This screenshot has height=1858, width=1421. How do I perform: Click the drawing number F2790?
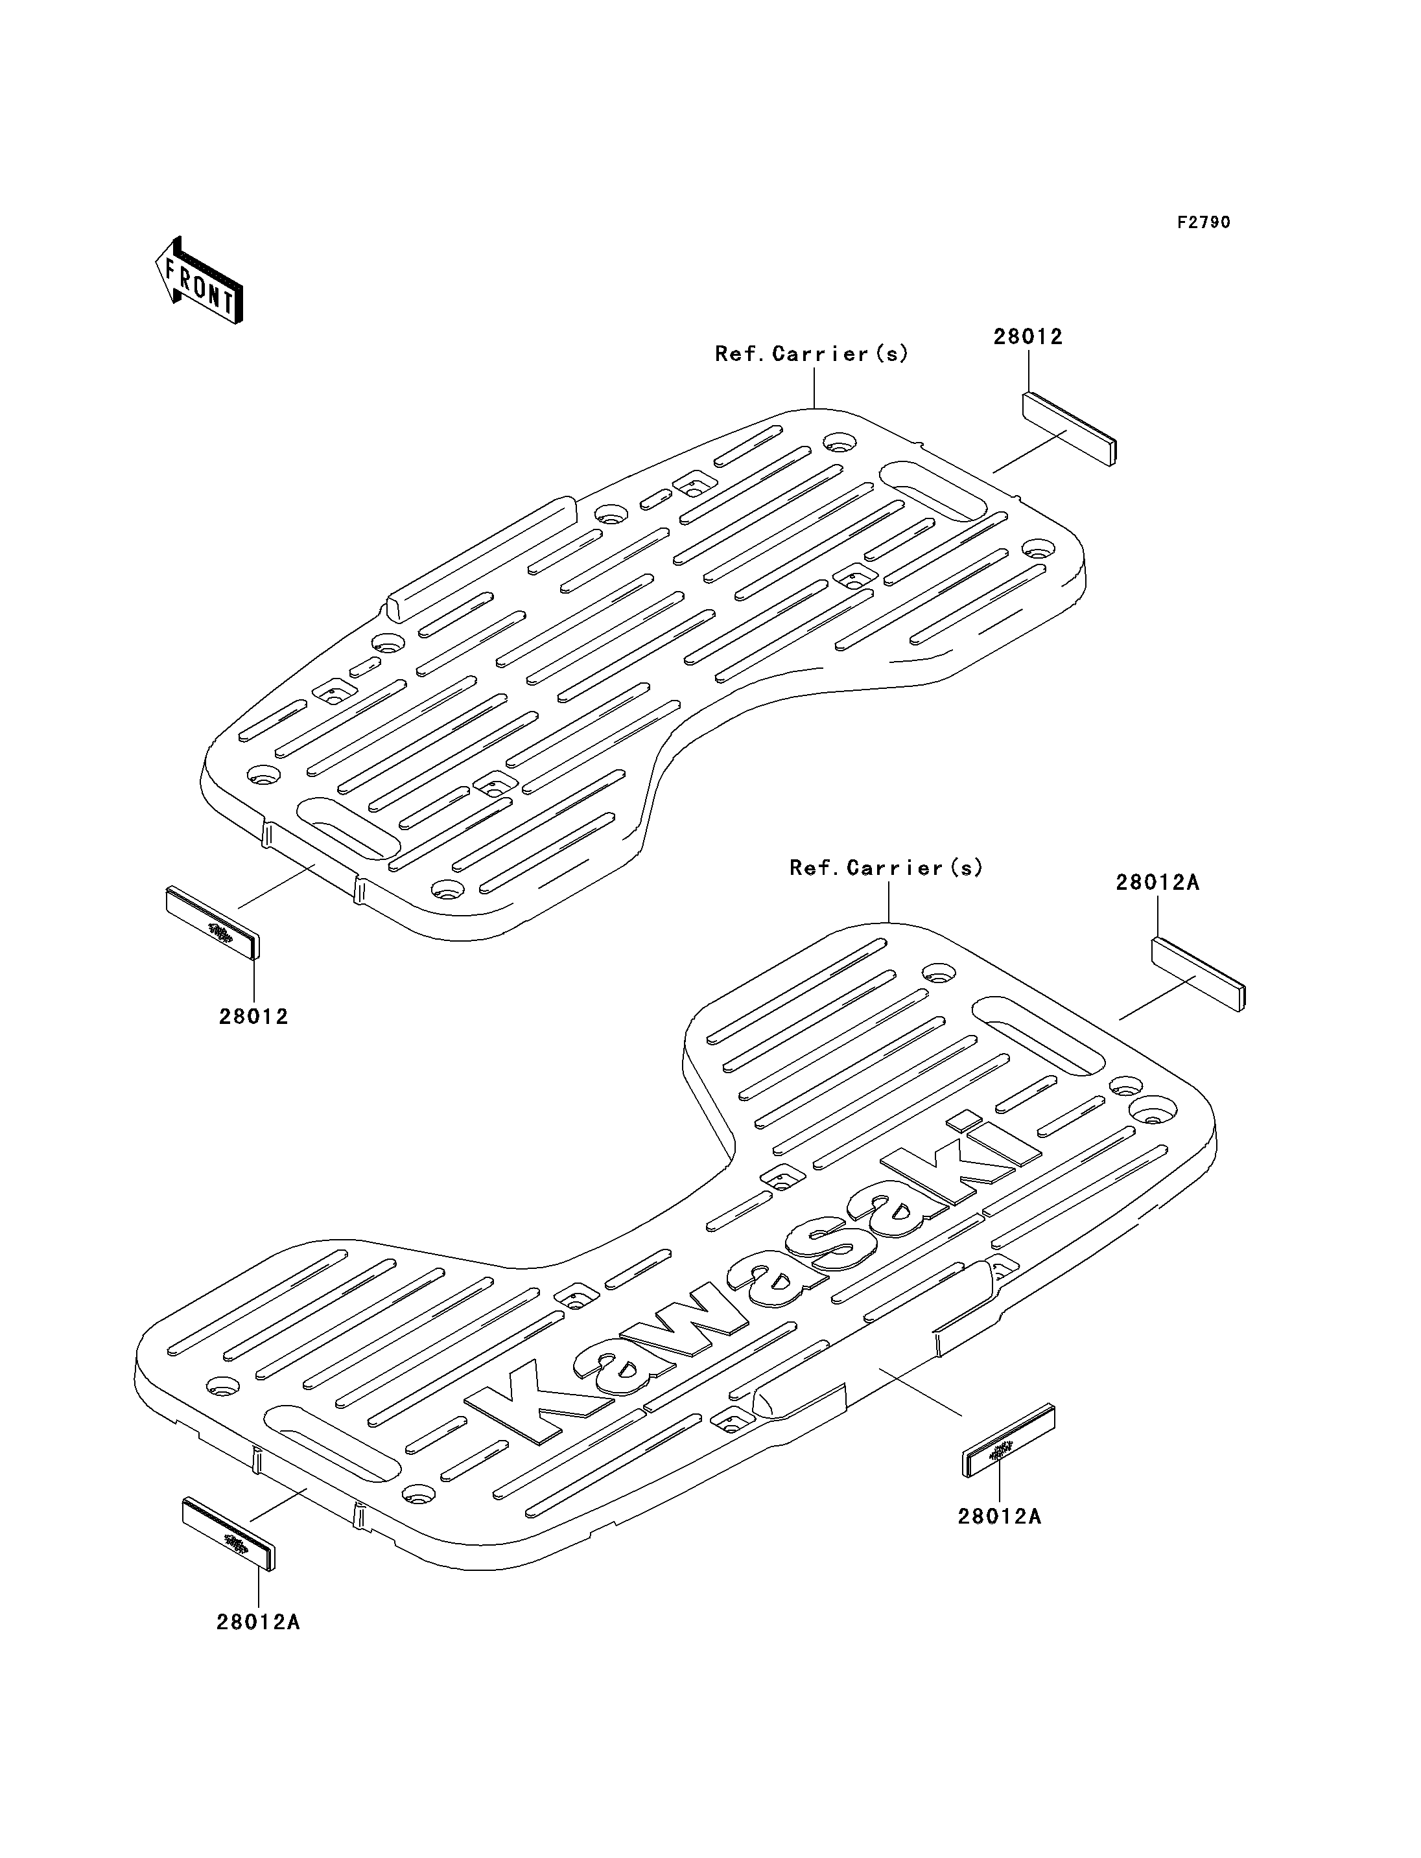pyautogui.click(x=1204, y=222)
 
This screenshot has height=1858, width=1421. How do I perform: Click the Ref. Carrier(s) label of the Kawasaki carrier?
pyautogui.click(x=886, y=868)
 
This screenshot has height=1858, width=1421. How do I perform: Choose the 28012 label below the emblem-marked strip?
pyautogui.click(x=253, y=1017)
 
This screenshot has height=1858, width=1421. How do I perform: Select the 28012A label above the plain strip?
pyautogui.click(x=1157, y=883)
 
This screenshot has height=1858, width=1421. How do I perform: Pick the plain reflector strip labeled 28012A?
pyautogui.click(x=1199, y=974)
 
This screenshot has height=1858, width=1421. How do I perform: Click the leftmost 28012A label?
pyautogui.click(x=258, y=1622)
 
